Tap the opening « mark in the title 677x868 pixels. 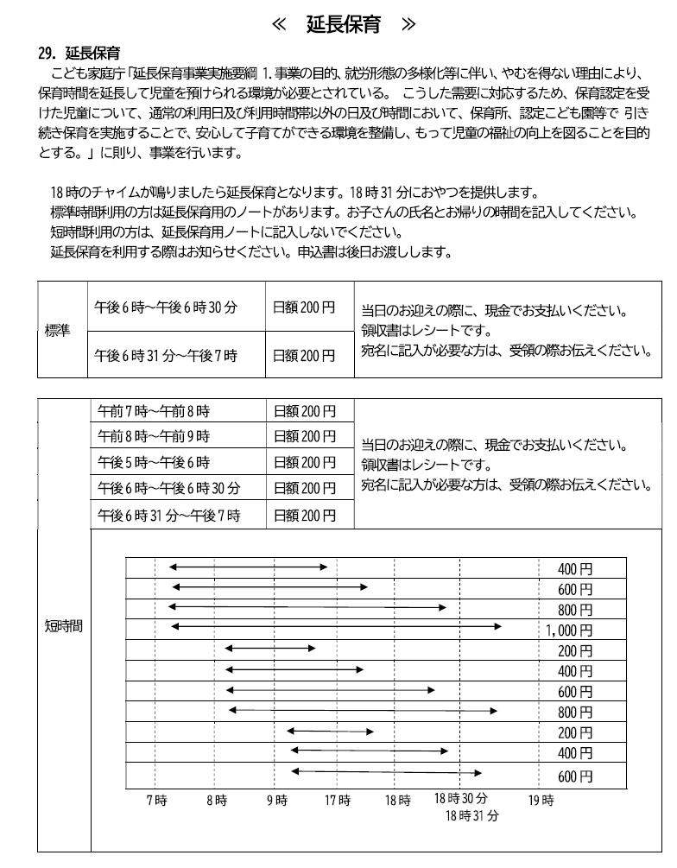click(x=279, y=23)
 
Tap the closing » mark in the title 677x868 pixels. click(x=409, y=23)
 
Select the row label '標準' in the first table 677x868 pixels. click(x=58, y=331)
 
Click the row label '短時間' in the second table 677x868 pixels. click(x=63, y=625)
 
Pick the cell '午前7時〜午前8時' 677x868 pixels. click(x=154, y=411)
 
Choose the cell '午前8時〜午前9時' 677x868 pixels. click(x=154, y=436)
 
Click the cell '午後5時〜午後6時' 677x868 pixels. click(x=154, y=462)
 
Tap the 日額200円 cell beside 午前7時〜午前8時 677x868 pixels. click(x=304, y=411)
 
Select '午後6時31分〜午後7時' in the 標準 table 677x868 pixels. click(x=165, y=355)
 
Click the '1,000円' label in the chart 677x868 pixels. click(x=569, y=630)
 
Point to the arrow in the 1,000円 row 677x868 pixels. click(x=336, y=625)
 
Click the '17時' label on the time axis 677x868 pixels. click(x=338, y=800)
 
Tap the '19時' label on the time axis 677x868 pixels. click(x=541, y=800)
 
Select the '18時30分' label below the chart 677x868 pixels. click(x=460, y=798)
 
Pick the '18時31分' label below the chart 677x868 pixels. click(x=471, y=814)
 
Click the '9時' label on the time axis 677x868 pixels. click(x=276, y=800)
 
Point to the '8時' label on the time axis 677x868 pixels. click(x=216, y=800)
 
